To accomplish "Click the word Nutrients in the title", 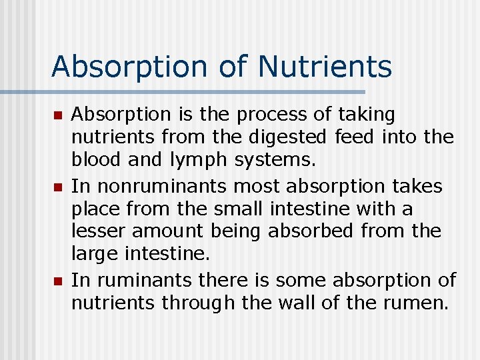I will [325, 66].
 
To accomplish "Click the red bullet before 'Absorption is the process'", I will [57, 116].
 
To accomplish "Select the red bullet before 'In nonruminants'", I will [57, 187].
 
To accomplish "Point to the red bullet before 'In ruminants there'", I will [57, 281].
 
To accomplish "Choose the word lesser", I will [99, 231].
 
